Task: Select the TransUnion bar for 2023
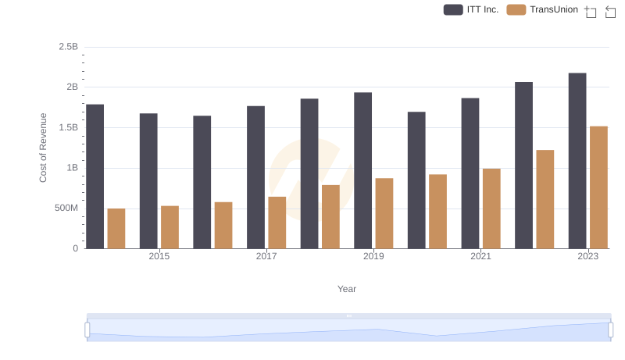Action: click(x=598, y=187)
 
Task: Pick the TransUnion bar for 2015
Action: click(x=170, y=227)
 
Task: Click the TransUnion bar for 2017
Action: click(x=277, y=223)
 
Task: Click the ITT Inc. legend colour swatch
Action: click(x=453, y=9)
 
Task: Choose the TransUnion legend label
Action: click(x=554, y=9)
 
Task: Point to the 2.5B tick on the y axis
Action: click(x=69, y=47)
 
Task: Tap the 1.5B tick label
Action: click(x=69, y=127)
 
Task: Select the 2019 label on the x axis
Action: click(x=373, y=256)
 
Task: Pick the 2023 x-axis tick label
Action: click(x=588, y=256)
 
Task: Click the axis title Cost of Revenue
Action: click(x=44, y=148)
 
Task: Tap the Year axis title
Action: click(x=347, y=289)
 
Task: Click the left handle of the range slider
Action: click(x=87, y=330)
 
